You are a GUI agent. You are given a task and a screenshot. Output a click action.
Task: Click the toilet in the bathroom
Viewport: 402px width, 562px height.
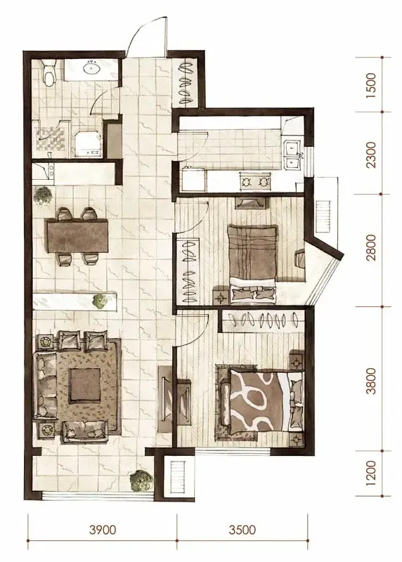(x=48, y=72)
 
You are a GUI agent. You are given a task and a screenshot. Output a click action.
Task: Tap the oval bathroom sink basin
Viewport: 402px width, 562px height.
(x=93, y=67)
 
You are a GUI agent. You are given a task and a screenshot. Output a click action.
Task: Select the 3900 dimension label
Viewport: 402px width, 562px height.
(x=103, y=530)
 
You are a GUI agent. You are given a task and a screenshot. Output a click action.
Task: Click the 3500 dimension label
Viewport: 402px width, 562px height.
(x=242, y=530)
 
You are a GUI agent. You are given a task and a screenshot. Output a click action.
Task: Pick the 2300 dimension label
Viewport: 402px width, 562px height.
(x=372, y=155)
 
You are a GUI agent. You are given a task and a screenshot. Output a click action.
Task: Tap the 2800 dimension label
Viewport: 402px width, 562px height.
(x=372, y=247)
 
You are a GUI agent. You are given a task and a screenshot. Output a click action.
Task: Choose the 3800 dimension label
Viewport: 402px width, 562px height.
(x=372, y=381)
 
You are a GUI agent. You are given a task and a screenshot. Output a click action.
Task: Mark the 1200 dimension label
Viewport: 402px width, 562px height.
(x=372, y=473)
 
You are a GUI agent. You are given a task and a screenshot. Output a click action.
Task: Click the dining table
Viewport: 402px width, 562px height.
(x=77, y=236)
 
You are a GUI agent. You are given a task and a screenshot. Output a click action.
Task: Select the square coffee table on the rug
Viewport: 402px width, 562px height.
(x=85, y=384)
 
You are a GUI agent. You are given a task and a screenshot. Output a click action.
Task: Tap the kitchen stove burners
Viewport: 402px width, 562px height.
(x=254, y=182)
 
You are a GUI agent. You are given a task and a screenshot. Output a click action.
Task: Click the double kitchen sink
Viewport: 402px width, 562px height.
(x=292, y=155)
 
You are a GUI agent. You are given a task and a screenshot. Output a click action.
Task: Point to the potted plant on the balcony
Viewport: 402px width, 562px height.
(x=141, y=481)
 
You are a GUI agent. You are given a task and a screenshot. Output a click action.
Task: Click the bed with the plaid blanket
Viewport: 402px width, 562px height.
(x=252, y=261)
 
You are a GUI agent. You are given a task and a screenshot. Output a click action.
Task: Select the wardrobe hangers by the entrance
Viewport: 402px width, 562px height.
(x=186, y=83)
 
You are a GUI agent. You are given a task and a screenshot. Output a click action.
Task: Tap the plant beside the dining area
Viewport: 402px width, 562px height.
(x=44, y=196)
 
